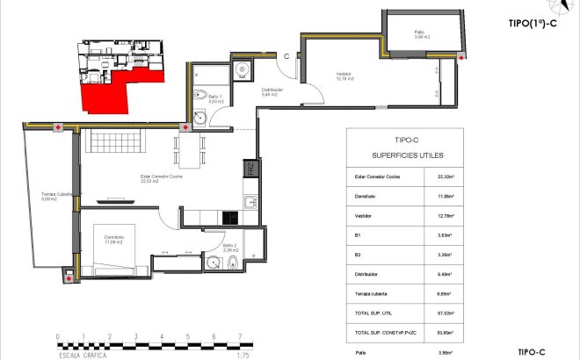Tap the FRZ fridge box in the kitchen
tap(250, 169)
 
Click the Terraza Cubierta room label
tap(43, 197)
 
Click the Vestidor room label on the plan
tap(331, 76)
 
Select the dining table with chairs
tap(188, 148)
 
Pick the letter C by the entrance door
tap(286, 55)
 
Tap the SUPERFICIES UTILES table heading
tap(401, 155)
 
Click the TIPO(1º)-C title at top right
tap(532, 24)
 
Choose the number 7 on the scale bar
tap(240, 335)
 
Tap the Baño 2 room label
tap(229, 247)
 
